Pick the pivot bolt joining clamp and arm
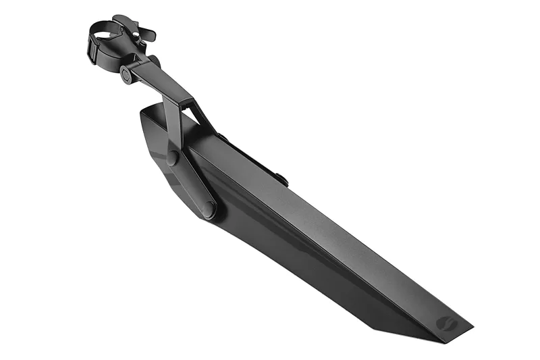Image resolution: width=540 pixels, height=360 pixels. pyautogui.click(x=126, y=75)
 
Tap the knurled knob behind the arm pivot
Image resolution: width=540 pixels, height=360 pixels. pyautogui.click(x=155, y=62)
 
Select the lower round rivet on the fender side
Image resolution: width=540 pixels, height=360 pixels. pyautogui.click(x=210, y=209)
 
